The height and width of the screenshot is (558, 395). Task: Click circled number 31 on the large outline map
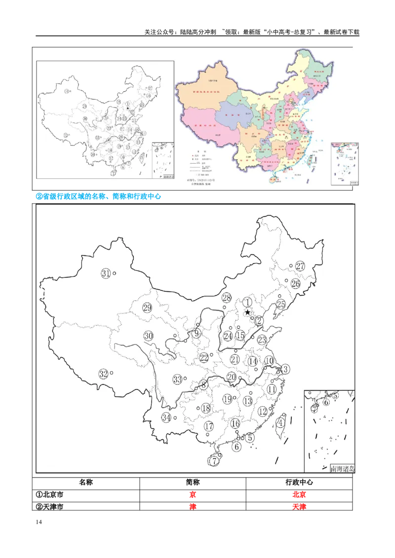click(106, 274)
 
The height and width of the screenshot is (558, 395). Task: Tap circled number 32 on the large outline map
click(103, 374)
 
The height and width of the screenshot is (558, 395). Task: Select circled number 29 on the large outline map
click(147, 308)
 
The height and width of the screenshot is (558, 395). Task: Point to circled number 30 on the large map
click(149, 336)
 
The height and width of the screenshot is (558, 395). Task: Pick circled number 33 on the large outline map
click(178, 379)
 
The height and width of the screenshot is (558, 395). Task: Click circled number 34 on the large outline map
click(166, 418)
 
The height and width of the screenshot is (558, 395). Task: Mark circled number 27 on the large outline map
click(300, 266)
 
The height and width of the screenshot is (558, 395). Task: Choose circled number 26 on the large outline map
click(295, 283)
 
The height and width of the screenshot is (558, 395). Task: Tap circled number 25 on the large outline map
click(281, 304)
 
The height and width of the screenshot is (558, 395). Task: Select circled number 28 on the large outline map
click(227, 298)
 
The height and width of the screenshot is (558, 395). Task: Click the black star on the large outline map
click(247, 312)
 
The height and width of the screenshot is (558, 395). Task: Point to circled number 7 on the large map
click(214, 461)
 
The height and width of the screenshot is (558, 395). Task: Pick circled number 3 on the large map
click(285, 369)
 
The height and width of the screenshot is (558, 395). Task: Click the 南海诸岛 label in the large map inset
click(342, 468)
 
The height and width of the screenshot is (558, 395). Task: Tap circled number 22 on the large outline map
click(204, 358)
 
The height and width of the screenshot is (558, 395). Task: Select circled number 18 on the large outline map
click(206, 408)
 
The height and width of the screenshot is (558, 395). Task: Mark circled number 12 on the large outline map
click(263, 411)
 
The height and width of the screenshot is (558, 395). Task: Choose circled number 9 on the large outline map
click(197, 334)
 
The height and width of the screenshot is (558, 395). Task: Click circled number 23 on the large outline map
click(262, 340)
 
